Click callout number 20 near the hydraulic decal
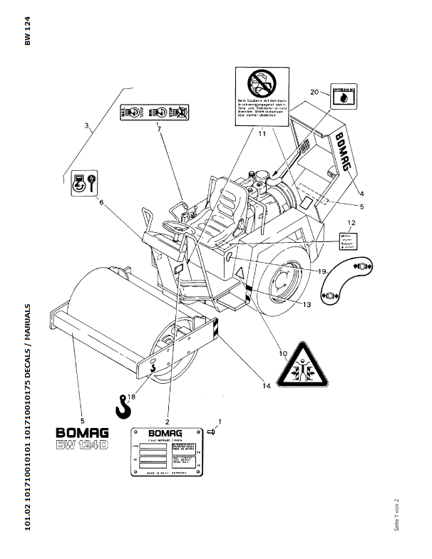[314, 91]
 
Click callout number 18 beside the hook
[131, 397]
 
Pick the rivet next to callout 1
[211, 430]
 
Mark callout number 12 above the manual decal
[351, 224]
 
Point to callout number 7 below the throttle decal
[158, 129]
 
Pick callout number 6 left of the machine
[101, 202]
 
